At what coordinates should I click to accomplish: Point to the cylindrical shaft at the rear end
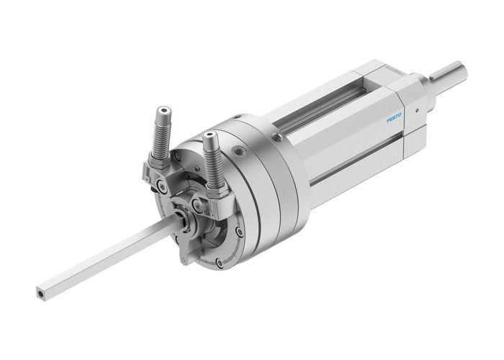point(452,73)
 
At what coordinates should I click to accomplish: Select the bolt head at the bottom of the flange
point(237,233)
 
